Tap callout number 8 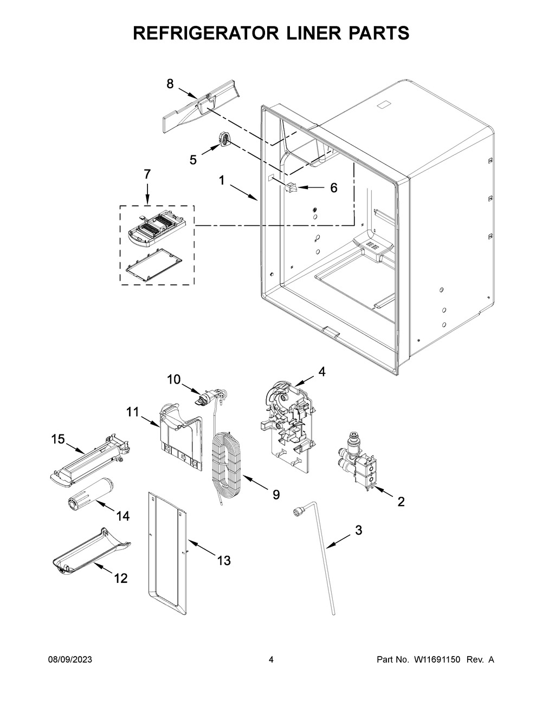tap(170, 84)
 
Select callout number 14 tap(122, 516)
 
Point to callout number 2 tap(401, 502)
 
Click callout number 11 tap(132, 412)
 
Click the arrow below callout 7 tap(147, 193)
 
